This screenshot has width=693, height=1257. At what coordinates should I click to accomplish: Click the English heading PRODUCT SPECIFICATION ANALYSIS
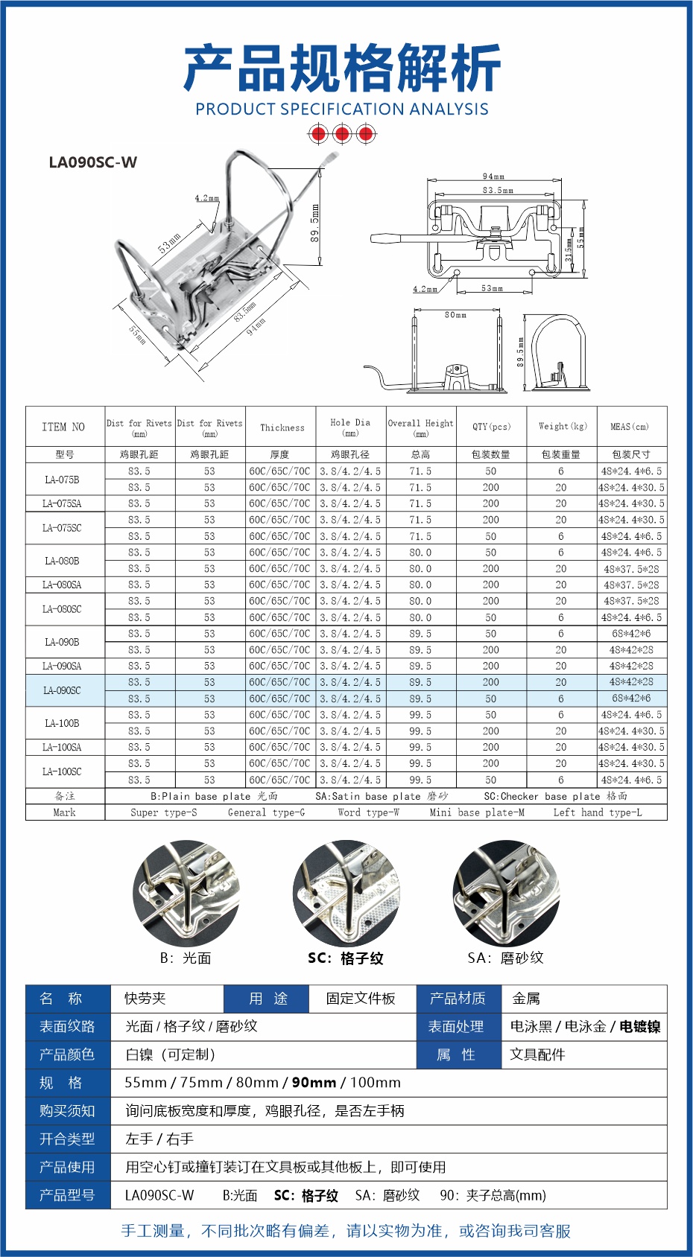coord(342,109)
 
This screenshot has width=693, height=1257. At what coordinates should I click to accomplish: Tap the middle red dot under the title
coord(342,134)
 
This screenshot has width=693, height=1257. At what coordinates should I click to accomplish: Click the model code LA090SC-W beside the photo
coord(93,162)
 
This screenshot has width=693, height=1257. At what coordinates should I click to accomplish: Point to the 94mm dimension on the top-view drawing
coord(493,177)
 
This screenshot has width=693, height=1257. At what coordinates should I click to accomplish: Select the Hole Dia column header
coord(350,427)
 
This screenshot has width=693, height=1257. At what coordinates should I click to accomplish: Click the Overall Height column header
coord(420,427)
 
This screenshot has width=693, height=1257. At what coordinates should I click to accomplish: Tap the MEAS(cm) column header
coord(630,427)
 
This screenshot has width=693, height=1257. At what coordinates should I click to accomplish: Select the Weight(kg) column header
coord(563,427)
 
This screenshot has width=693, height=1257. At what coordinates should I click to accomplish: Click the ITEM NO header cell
coord(63,427)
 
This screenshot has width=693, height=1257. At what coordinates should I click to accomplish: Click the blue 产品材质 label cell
coord(458,999)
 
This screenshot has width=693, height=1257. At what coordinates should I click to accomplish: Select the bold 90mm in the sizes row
coord(314,1083)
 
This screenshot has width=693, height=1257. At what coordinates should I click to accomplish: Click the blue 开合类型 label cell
coord(67,1139)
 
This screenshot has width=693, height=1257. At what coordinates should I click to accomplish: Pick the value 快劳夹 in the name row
coord(145,999)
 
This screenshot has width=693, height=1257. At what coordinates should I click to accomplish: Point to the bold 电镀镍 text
coord(640,1027)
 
